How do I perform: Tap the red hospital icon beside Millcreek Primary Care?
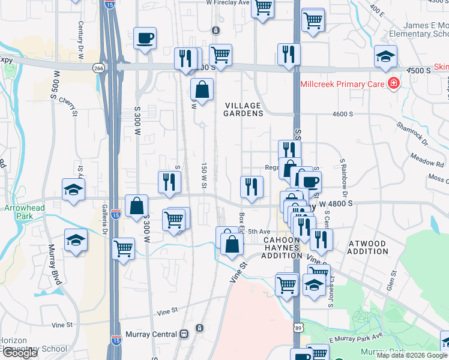pyautogui.click(x=394, y=83)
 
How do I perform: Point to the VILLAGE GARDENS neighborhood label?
pyautogui.click(x=244, y=109)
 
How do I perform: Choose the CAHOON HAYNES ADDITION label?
pyautogui.click(x=282, y=247)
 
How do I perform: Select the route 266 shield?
pyautogui.click(x=98, y=68)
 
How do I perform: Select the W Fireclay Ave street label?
pyautogui.click(x=227, y=2)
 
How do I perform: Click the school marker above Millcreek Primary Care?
pyautogui.click(x=385, y=56)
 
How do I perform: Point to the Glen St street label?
pyautogui.click(x=393, y=280)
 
